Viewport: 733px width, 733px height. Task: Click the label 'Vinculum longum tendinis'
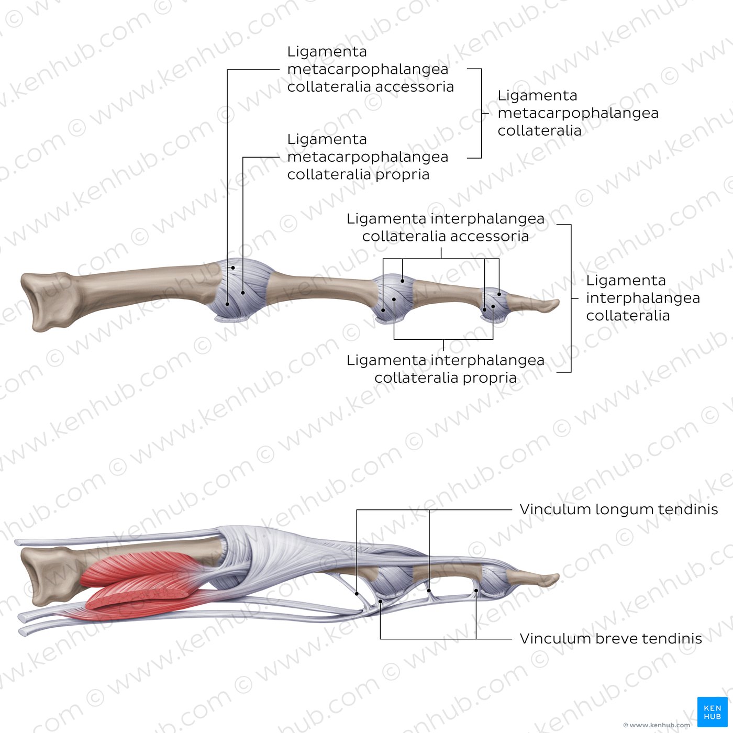tap(618, 509)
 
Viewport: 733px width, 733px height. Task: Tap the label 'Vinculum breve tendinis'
tap(610, 639)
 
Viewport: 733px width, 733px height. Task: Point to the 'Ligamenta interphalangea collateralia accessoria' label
tap(446, 227)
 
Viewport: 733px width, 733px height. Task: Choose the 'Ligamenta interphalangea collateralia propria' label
tap(446, 369)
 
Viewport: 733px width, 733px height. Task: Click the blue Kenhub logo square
tap(712, 712)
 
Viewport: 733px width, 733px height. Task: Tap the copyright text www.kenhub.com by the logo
tap(657, 725)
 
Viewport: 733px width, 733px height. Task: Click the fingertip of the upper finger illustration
tap(558, 303)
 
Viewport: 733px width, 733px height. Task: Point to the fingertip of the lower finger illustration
tap(558, 579)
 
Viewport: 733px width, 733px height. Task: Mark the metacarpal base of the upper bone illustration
tap(48, 302)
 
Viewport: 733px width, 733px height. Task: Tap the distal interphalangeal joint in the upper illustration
tap(494, 304)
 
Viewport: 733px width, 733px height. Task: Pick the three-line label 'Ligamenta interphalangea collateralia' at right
tap(643, 298)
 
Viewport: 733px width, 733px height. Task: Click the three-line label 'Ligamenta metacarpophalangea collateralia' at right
tap(578, 113)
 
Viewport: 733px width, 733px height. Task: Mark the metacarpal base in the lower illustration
tap(48, 576)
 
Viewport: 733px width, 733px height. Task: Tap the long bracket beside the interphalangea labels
tap(571, 298)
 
